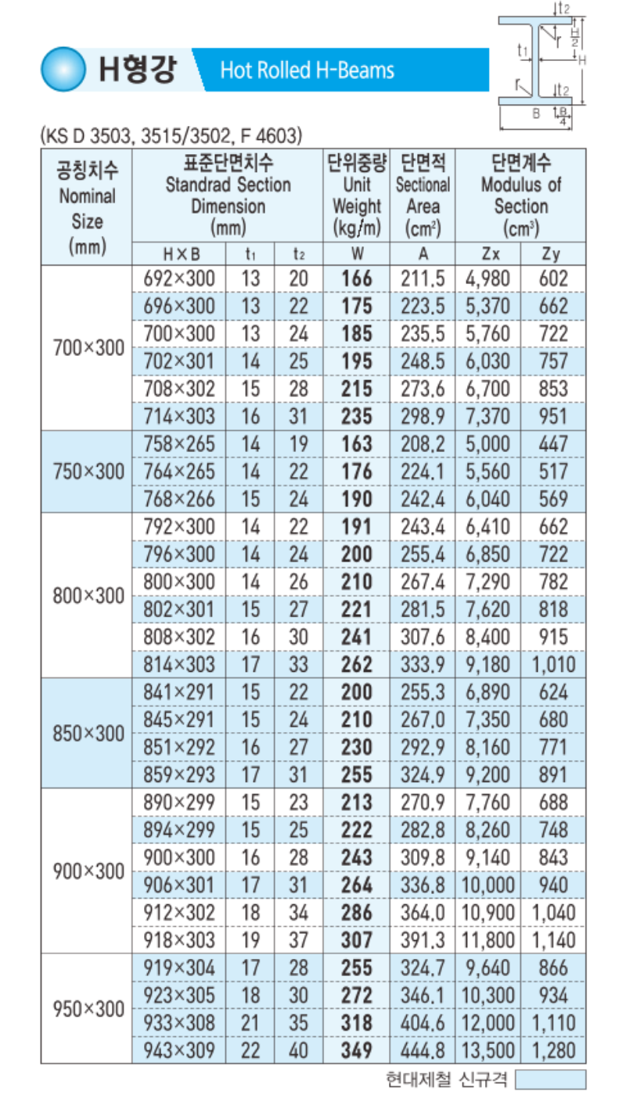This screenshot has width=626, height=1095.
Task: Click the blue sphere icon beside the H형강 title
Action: pos(63,70)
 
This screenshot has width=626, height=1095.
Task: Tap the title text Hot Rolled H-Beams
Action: pos(307,71)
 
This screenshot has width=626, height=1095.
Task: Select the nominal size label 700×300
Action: pos(88,348)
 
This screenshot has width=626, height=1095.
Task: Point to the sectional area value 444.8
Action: pos(423,1050)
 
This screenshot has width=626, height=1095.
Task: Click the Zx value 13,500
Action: pos(490,1050)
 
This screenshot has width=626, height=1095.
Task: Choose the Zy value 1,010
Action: pos(553,666)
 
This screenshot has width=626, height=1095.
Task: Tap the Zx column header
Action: pos(488,254)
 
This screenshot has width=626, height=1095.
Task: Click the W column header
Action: pos(357,254)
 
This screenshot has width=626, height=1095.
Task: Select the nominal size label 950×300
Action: pos(88,1009)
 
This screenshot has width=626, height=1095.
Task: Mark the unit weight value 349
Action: pos(357,1050)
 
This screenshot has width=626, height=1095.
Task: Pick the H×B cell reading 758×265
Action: pos(179,444)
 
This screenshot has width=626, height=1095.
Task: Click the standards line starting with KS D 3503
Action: pos(171,136)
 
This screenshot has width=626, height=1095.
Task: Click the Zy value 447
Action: pos(553,444)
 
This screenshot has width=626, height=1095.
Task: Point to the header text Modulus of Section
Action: pos(520,196)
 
